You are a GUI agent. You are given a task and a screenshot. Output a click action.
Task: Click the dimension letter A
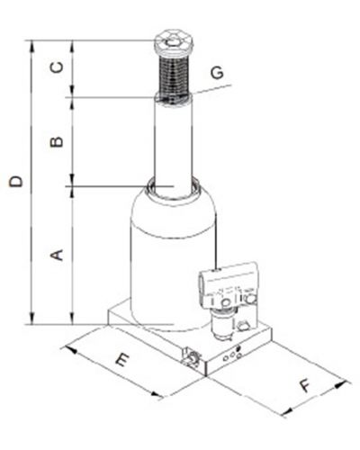pos(57,255)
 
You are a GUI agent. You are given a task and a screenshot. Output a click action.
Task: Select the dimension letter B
pos(57,141)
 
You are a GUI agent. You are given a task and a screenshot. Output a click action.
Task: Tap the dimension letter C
pos(57,67)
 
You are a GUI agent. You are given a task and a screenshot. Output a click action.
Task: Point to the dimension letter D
pos(16,182)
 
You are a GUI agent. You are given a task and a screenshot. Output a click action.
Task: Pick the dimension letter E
pos(122,359)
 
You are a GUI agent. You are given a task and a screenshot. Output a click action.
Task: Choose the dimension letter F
pos(306,385)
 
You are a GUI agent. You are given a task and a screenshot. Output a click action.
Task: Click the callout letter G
pos(217,72)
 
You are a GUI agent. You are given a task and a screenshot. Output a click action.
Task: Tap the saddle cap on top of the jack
pos(174,44)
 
